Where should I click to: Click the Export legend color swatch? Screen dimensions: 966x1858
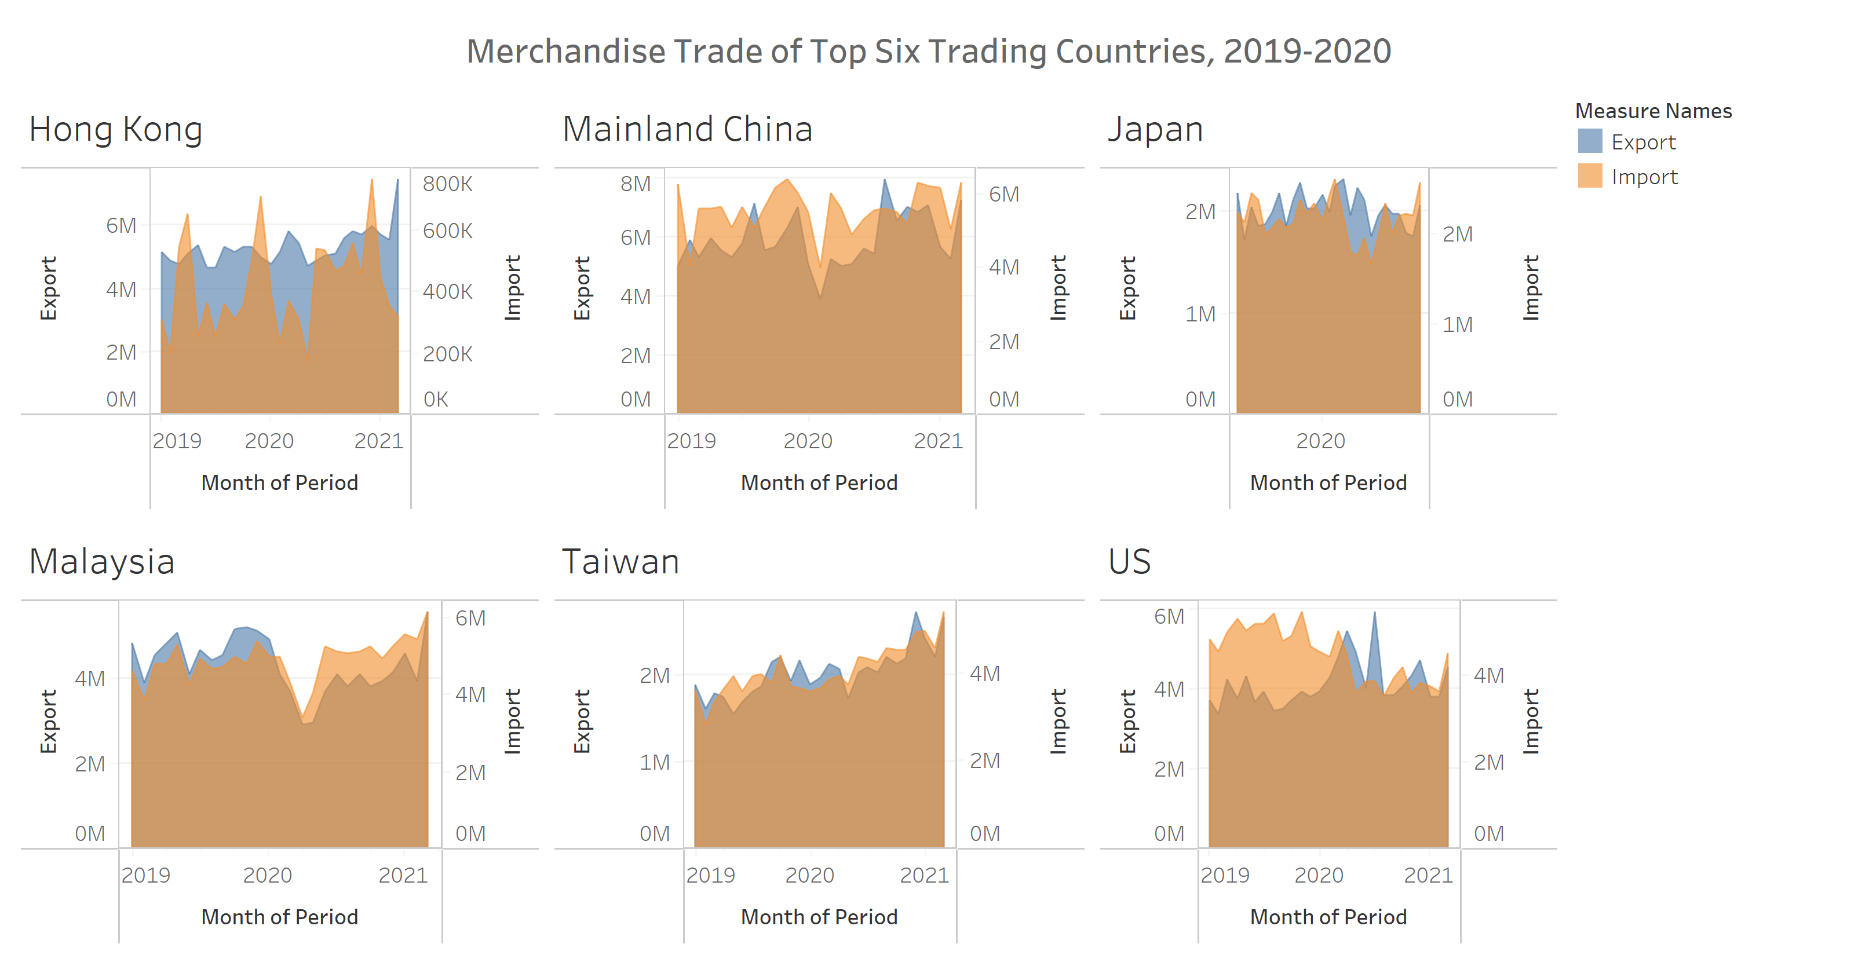[1590, 141]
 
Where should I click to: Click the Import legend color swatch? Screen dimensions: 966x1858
[1590, 176]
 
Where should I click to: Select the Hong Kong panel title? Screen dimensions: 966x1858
[115, 130]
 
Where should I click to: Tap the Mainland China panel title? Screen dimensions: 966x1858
[687, 130]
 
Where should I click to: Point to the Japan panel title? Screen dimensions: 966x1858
[1155, 130]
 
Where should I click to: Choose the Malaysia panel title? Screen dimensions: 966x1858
[102, 562]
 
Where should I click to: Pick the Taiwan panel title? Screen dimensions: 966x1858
[620, 562]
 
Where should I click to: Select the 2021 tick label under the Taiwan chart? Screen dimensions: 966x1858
[924, 874]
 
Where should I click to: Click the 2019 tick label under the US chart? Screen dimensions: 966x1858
[1225, 874]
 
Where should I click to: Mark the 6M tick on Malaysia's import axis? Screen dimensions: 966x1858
[470, 618]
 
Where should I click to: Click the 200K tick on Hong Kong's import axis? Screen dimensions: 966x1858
[447, 354]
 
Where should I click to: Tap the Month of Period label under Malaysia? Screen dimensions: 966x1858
[279, 916]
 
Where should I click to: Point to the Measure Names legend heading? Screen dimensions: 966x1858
[1652, 111]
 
